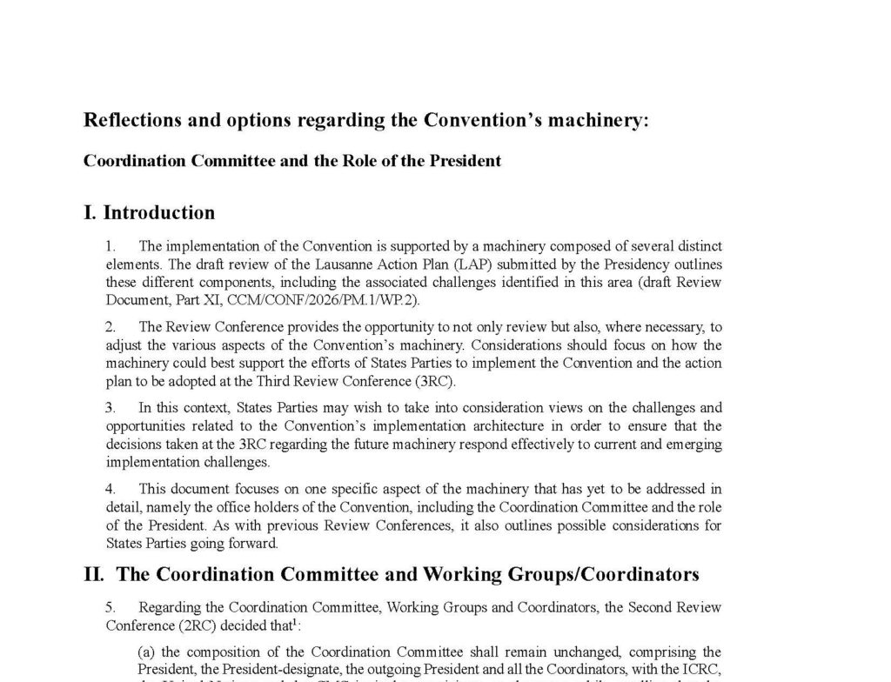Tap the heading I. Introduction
(149, 213)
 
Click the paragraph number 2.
(111, 327)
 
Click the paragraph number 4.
(111, 490)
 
